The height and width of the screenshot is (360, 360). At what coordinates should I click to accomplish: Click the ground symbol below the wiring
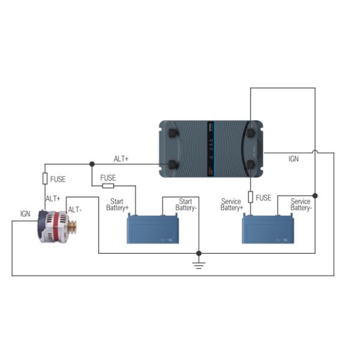coord(199,264)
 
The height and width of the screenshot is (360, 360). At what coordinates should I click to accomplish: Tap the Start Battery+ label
coord(118,205)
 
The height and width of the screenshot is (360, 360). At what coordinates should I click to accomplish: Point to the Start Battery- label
coord(185,205)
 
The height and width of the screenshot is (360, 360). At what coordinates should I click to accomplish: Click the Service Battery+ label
coord(232,205)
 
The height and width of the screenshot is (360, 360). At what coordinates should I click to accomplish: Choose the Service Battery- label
coord(301,205)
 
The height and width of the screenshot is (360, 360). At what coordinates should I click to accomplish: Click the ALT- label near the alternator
coord(74,209)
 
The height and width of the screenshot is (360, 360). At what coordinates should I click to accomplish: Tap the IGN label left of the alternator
coord(25,214)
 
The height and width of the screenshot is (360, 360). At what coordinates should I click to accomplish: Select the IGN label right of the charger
coord(293,159)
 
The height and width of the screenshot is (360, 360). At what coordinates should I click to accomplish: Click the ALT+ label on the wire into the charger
coord(121,159)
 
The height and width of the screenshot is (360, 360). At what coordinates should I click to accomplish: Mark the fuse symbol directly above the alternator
coord(45,179)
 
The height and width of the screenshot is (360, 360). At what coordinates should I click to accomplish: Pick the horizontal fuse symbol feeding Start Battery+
coord(108,186)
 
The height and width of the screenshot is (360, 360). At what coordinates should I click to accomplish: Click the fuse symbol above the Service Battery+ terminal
coord(250,197)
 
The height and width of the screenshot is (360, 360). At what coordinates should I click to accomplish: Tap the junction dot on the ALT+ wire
coord(92,164)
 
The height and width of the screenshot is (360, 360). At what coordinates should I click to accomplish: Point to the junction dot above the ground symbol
coord(199,253)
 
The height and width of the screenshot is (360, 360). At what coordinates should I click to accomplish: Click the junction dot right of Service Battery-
coord(316,196)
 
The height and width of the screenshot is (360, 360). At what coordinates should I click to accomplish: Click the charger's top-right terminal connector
coord(250,132)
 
